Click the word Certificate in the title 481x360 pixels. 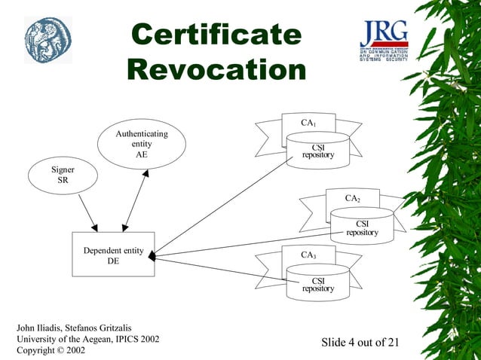click(216, 35)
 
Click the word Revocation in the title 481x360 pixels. click(216, 70)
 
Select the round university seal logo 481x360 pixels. click(47, 40)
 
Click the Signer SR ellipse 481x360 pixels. click(62, 175)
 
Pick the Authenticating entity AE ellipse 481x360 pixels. click(141, 144)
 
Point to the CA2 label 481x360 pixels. click(353, 198)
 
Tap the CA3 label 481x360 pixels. click(308, 255)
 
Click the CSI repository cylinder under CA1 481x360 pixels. click(317, 151)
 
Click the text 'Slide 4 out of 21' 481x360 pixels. click(360, 343)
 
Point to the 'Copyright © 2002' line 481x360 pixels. click(51, 351)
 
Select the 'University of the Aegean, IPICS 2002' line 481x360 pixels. click(88, 339)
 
